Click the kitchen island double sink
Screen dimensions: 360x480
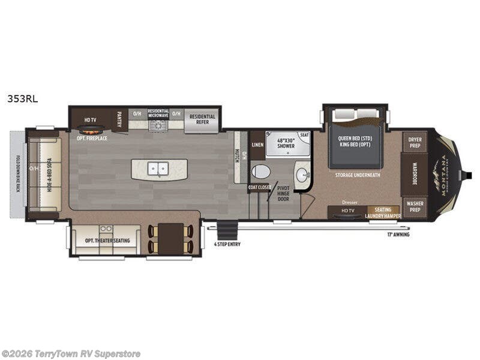(x=158, y=169)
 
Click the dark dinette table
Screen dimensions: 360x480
(x=171, y=238)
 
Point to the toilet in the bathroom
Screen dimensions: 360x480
(x=260, y=172)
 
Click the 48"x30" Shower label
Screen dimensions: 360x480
(x=281, y=143)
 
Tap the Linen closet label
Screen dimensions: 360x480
(x=257, y=145)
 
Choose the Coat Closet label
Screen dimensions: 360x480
(x=260, y=188)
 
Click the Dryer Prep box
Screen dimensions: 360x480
(x=415, y=142)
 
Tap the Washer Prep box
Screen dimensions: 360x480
(x=415, y=206)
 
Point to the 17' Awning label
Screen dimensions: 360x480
(x=398, y=235)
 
